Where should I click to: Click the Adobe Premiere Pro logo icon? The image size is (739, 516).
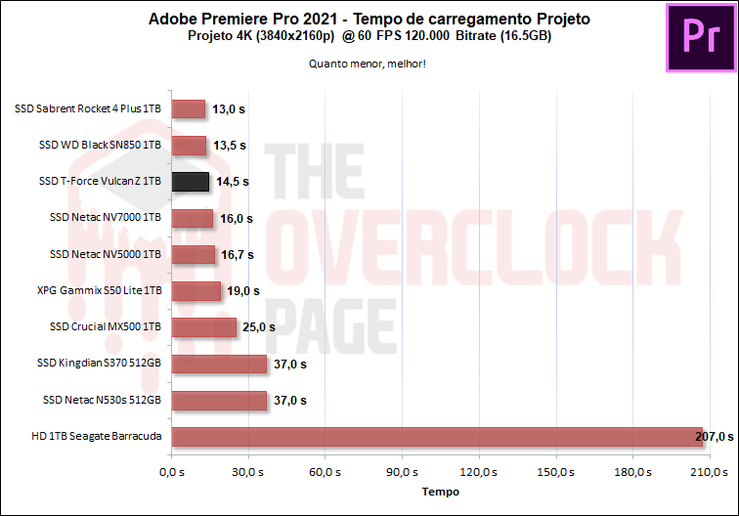[x=700, y=37]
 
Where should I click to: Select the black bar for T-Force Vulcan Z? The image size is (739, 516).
[x=190, y=182]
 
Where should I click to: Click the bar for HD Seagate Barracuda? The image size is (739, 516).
[x=437, y=436]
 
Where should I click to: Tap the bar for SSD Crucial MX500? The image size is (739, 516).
[x=203, y=327]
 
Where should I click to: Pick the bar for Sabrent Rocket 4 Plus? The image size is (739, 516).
[x=188, y=109]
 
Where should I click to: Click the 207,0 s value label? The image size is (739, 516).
[x=714, y=436]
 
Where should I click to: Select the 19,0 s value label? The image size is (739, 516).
[x=241, y=291]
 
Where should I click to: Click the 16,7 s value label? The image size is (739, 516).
[x=237, y=255]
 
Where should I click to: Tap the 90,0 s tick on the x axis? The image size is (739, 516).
[x=402, y=473]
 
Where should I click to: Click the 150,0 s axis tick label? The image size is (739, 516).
[x=555, y=473]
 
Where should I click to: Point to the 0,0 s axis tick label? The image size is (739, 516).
[x=171, y=473]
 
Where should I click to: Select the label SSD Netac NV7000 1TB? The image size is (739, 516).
[x=105, y=218]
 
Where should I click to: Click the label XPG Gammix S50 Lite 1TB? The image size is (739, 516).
[x=99, y=290]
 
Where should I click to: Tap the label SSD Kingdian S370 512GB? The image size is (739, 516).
[x=98, y=364]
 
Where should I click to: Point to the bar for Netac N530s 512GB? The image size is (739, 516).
[x=219, y=400]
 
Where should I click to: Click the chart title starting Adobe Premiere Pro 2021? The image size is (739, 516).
[x=369, y=19]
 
